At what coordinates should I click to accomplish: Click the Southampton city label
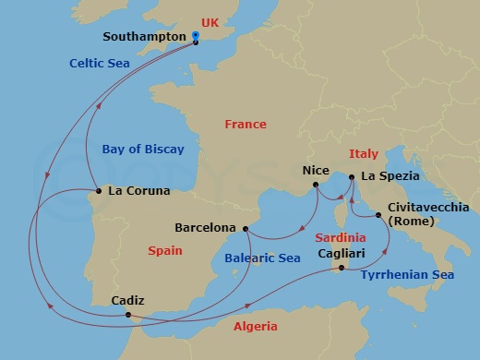[x=146, y=39]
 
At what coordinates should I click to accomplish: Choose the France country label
[x=246, y=124]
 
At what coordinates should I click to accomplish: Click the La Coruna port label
[x=139, y=192]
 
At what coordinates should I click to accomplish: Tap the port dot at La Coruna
[x=97, y=192]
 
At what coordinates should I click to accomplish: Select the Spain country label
[x=165, y=250]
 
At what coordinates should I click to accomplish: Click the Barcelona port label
[x=204, y=227]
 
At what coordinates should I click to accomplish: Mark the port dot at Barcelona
[x=245, y=228]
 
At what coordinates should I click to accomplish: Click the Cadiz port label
[x=126, y=300]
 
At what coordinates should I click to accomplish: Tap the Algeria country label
[x=256, y=327]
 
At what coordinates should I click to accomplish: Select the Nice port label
[x=315, y=171]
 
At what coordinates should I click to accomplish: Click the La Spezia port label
[x=390, y=175]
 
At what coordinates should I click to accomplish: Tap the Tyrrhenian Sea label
[x=406, y=275]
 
